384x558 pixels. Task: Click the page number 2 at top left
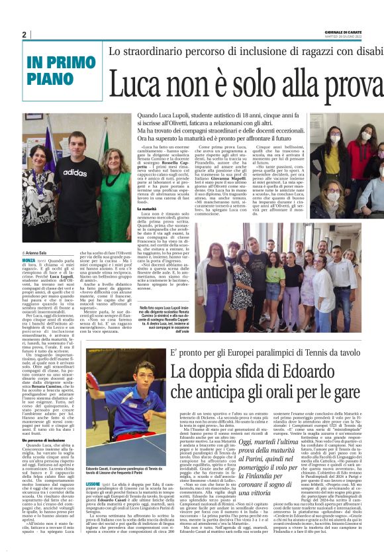tap(24, 34)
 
